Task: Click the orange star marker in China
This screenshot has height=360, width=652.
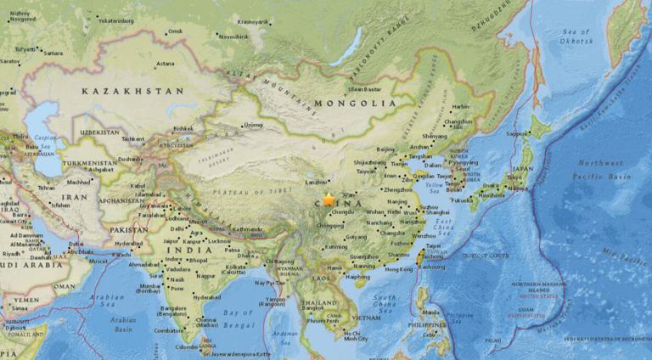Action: tap(329, 200)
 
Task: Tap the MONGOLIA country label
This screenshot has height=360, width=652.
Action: tap(355, 104)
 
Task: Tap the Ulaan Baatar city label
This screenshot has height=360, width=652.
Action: tap(364, 88)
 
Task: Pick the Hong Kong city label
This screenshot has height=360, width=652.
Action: tap(397, 269)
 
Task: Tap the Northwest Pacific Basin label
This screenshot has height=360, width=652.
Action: tap(601, 170)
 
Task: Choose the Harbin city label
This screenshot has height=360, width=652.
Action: tap(460, 107)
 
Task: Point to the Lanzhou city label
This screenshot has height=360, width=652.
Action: tap(316, 181)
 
